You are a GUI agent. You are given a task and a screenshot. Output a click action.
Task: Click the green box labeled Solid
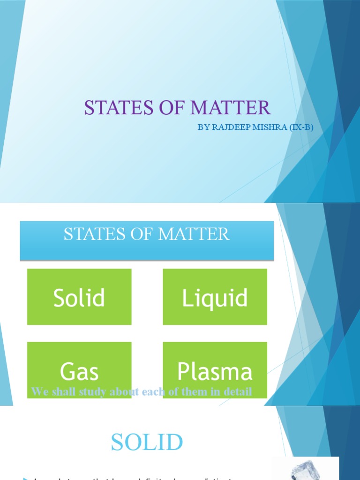79,297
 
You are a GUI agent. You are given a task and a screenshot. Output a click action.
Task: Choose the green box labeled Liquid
215,297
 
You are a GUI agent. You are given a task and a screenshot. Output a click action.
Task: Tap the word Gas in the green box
79,372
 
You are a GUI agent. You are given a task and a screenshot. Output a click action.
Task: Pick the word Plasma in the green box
215,372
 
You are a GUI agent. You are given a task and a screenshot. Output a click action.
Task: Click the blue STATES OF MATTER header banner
147,240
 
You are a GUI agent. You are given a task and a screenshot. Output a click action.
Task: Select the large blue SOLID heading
147,442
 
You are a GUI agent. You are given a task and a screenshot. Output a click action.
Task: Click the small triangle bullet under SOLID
25,478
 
